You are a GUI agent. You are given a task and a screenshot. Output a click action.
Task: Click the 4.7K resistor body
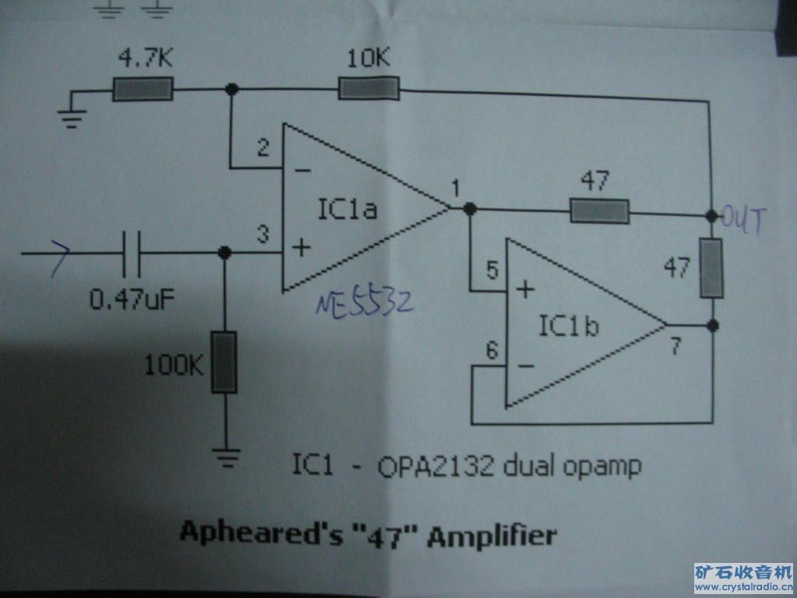tap(142, 89)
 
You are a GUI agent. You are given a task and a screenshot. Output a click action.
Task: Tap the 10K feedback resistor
tap(369, 88)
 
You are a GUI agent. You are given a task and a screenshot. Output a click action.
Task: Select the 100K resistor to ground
tap(224, 362)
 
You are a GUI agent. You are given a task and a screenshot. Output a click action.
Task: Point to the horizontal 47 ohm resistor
tap(600, 211)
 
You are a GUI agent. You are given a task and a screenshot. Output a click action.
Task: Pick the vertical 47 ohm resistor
tap(711, 268)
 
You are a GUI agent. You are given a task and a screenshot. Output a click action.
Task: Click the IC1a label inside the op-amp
tap(348, 209)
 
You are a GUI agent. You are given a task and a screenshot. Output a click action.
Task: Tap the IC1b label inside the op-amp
tap(568, 325)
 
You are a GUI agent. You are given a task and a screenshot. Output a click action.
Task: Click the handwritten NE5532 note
tap(364, 304)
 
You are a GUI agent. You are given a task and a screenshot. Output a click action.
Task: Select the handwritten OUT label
tap(743, 220)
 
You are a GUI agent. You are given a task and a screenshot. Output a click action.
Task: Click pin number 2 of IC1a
tap(263, 148)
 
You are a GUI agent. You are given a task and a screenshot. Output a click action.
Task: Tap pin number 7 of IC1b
tap(676, 346)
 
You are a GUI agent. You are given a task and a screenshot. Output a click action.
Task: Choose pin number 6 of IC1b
tap(492, 351)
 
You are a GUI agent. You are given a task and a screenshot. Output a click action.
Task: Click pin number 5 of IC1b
tap(492, 270)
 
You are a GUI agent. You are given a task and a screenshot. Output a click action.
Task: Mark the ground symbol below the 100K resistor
tap(226, 457)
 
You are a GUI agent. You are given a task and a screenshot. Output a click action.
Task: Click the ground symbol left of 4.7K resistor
tap(72, 118)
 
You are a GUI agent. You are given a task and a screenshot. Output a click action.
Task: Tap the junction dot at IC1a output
tap(470, 208)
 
